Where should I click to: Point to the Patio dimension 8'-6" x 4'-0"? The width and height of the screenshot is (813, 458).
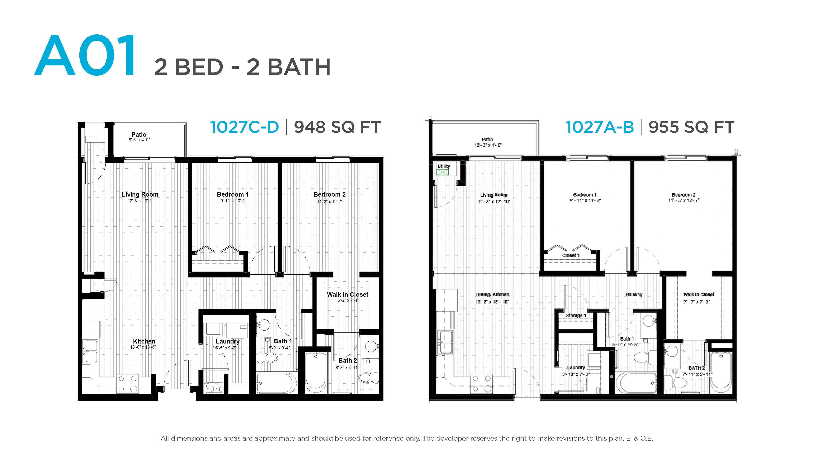click(139, 140)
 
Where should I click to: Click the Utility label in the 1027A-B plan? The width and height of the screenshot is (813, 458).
click(444, 166)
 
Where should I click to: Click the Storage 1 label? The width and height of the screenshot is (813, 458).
click(576, 316)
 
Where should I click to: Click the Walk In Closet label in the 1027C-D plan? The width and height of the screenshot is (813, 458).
click(347, 294)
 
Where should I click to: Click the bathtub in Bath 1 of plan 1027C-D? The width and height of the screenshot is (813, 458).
click(276, 383)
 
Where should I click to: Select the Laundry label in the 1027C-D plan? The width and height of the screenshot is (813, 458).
click(228, 341)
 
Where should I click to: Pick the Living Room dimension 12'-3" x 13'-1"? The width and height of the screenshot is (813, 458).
click(140, 201)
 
